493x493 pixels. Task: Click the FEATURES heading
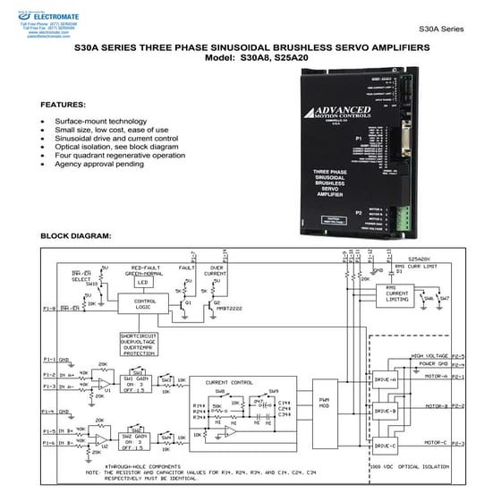pos(64,104)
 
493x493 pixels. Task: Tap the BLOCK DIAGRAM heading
pos(76,236)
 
